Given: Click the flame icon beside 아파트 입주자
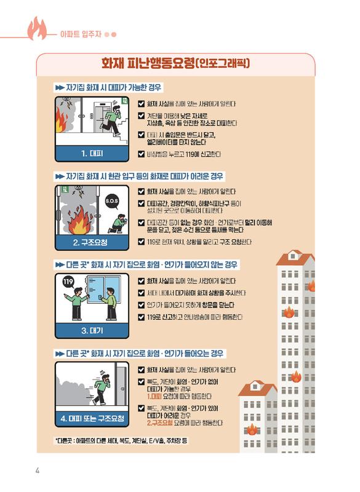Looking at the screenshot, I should pos(38,28).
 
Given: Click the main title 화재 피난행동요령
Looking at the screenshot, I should pos(178,64).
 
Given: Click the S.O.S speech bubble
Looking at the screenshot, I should pos(113,200).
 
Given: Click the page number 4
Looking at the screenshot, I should pos(38,471).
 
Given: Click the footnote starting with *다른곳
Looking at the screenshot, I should pos(121,441).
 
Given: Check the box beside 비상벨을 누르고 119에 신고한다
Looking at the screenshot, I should pos(142,153).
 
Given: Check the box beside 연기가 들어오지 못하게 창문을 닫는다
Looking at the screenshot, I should pos(142,305).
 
